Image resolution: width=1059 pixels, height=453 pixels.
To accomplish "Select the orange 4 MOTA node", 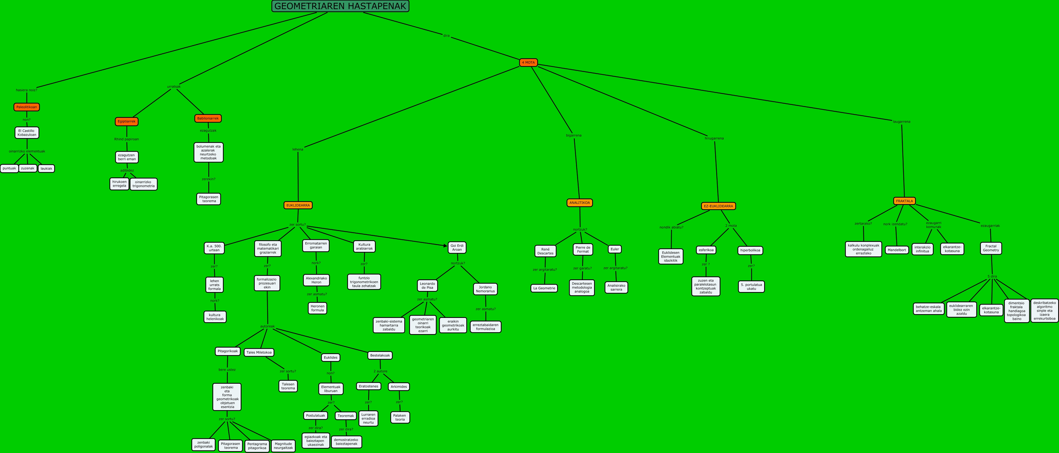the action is click(528, 63).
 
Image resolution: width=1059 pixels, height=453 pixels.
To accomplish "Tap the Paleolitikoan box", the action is click(27, 107).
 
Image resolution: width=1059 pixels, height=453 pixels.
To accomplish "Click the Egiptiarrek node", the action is click(127, 121).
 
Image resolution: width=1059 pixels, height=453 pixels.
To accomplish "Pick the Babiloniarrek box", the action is click(208, 118).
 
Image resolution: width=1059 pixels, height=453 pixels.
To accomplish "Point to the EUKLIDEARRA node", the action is click(298, 205).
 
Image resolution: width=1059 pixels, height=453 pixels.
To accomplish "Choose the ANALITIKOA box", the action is click(580, 203).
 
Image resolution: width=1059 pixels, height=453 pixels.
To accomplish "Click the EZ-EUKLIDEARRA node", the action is click(718, 206).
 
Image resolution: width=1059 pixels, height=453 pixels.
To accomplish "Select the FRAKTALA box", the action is click(905, 201).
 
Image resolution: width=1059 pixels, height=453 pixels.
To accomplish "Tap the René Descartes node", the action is click(546, 251).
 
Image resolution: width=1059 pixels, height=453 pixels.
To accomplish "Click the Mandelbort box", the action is click(897, 250).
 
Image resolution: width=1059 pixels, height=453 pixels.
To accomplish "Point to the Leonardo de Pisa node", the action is click(427, 286).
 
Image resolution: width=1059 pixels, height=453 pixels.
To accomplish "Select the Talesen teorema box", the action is click(288, 386).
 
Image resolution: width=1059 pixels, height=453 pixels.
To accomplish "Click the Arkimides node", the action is click(399, 387).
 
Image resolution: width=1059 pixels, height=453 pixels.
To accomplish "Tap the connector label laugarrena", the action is click(902, 122).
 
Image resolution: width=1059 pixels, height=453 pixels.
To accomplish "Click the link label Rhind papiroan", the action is click(127, 139).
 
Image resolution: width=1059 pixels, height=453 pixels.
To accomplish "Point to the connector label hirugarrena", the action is click(714, 139).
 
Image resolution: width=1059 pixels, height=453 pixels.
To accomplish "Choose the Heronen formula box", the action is click(317, 308).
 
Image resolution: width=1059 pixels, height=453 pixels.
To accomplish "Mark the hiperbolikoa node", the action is click(750, 250).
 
